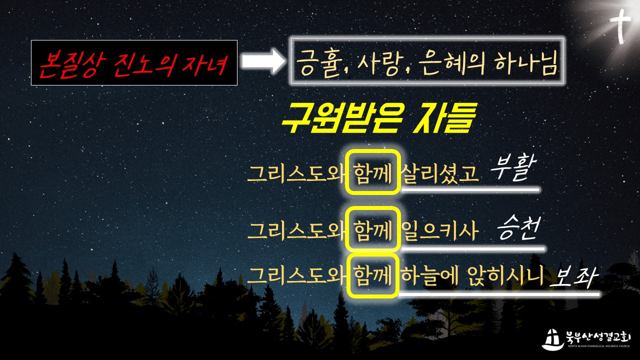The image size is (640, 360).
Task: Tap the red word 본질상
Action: pyautogui.click(x=72, y=64)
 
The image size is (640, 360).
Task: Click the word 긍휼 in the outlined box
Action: pyautogui.click(x=319, y=63)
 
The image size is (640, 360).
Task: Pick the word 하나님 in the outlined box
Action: pyautogui.click(x=526, y=63)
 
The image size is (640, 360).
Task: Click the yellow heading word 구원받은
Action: pyautogui.click(x=341, y=118)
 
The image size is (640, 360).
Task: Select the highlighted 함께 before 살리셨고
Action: pyautogui.click(x=372, y=173)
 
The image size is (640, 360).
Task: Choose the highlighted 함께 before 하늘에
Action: pyautogui.click(x=372, y=275)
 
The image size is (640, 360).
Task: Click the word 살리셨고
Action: pyautogui.click(x=439, y=173)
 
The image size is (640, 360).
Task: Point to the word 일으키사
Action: pyautogui.click(x=439, y=230)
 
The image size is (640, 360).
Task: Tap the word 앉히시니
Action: pyautogui.click(x=505, y=275)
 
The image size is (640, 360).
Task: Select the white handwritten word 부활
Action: pyautogui.click(x=513, y=168)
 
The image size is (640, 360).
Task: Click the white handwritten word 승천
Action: pyautogui.click(x=518, y=227)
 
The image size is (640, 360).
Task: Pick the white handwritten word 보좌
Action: pyautogui.click(x=573, y=276)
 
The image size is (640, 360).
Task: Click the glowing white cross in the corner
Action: pyautogui.click(x=620, y=25)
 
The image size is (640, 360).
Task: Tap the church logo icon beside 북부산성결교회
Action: pyautogui.click(x=553, y=339)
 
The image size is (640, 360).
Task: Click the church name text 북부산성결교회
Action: pyautogui.click(x=598, y=337)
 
